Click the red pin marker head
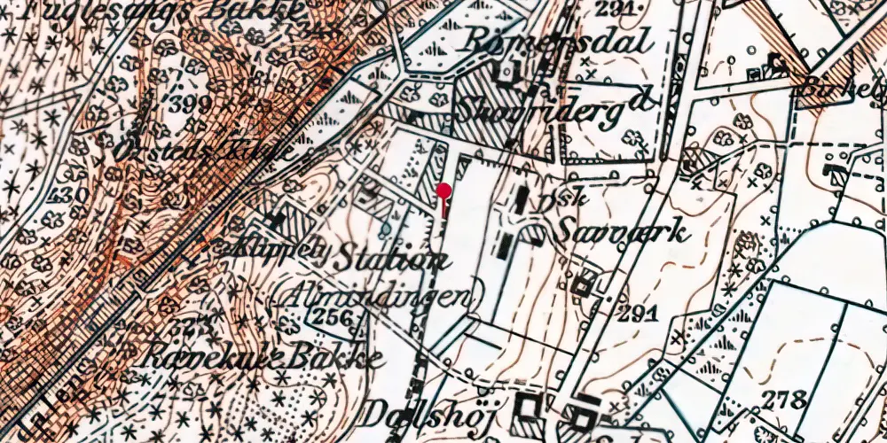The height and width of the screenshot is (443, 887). [443, 190]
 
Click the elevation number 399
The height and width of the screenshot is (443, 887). [194, 105]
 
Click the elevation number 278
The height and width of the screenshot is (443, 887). [786, 398]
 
